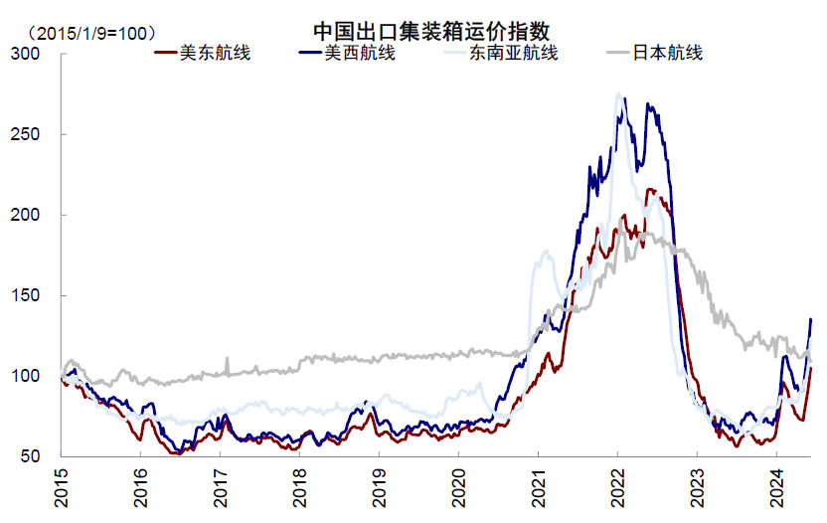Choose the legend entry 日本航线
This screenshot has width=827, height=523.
coord(668,53)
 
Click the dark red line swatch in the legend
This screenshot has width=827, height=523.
coord(164,54)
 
